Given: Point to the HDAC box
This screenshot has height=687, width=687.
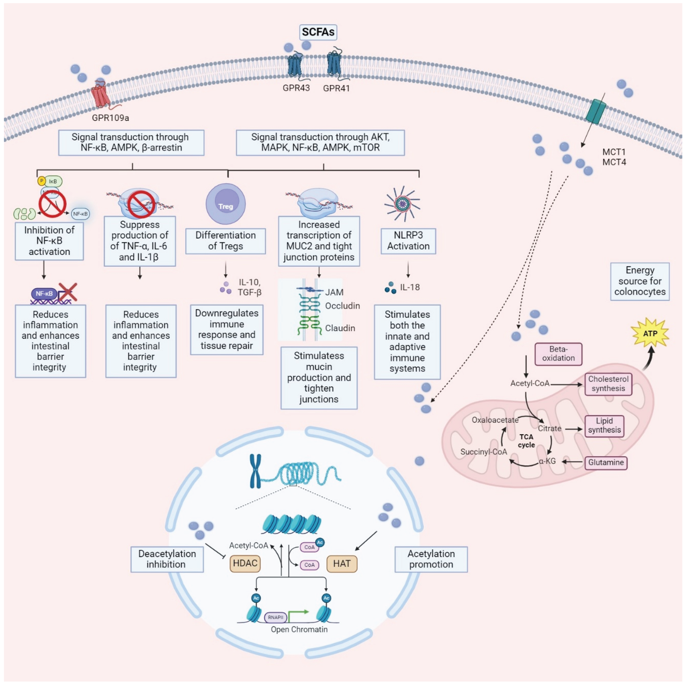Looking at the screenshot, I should tap(245, 563).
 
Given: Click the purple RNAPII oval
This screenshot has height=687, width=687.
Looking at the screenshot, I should tap(276, 617).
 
